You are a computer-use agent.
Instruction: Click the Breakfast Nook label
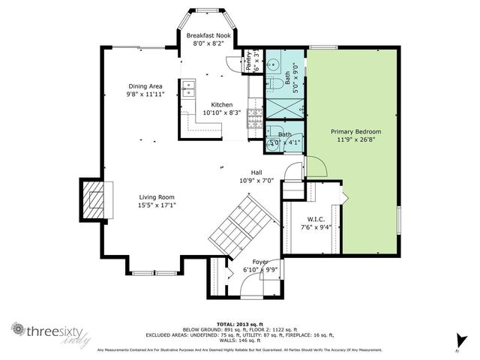[x=210, y=34]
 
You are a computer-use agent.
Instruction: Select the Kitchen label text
[x=220, y=104]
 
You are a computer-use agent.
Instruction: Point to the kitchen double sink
[x=187, y=88]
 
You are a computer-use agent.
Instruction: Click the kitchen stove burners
[x=256, y=115]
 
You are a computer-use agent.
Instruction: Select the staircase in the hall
[x=238, y=225]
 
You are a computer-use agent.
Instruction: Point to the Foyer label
[x=260, y=261]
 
